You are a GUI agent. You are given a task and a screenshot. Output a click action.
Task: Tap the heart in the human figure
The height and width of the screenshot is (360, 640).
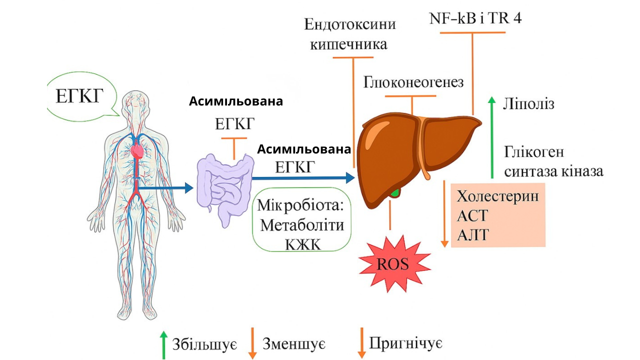(x=137, y=150)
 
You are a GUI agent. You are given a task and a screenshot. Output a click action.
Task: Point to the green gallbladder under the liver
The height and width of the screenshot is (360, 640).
(x=396, y=192)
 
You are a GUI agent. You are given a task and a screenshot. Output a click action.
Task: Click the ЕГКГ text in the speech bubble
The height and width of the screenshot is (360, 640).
(x=79, y=95)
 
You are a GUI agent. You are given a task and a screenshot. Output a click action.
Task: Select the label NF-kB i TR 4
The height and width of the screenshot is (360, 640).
(x=475, y=18)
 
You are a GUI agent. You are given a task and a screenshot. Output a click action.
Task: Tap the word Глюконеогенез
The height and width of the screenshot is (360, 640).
(x=413, y=82)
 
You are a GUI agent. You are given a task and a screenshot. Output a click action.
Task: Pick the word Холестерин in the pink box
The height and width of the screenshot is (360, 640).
(x=497, y=195)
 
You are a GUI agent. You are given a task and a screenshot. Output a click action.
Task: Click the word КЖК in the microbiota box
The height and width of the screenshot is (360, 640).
(x=302, y=243)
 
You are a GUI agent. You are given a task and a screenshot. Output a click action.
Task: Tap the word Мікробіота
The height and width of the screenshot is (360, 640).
(x=300, y=205)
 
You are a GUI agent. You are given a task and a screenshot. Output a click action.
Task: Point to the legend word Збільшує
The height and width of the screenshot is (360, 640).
(x=204, y=344)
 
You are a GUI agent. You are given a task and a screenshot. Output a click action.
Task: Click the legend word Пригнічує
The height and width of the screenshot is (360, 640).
(x=405, y=343)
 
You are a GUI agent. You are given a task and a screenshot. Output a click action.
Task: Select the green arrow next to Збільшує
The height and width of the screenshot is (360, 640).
(x=163, y=344)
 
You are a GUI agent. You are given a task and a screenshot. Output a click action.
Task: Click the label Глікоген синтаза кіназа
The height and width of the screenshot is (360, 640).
(x=553, y=161)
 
